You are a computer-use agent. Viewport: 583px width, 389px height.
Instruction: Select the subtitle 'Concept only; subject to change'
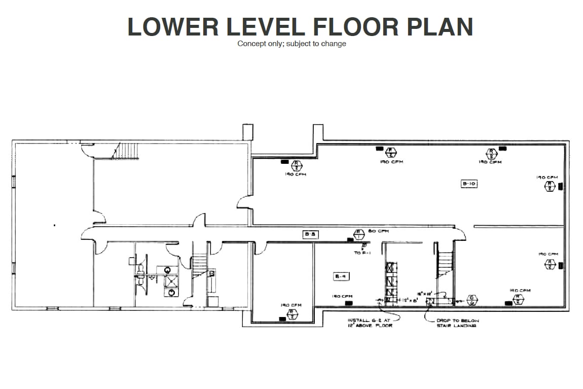pyautogui.click(x=291, y=44)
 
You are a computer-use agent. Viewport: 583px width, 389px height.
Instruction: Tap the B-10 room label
pyautogui.click(x=469, y=184)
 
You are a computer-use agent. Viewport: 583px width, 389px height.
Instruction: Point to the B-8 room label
pyautogui.click(x=310, y=234)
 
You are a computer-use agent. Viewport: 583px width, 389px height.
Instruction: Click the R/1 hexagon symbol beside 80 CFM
pyautogui.click(x=358, y=234)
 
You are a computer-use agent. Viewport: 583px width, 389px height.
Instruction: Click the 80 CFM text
pyautogui.click(x=378, y=231)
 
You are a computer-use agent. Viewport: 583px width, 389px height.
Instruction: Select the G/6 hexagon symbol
pyautogui.click(x=471, y=299)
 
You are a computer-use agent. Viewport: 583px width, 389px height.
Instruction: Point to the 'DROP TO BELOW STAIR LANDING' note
pyautogui.click(x=457, y=323)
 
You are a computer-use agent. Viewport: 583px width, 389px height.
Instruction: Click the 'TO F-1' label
pyautogui.click(x=361, y=252)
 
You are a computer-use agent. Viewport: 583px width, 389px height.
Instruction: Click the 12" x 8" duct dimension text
pyautogui.click(x=406, y=300)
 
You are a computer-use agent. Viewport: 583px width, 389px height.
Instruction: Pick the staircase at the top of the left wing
pyautogui.click(x=126, y=151)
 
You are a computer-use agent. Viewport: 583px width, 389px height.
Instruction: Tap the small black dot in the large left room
pyautogui.click(x=55, y=225)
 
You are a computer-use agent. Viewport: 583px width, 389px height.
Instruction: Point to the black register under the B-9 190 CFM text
pyautogui.click(x=349, y=303)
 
